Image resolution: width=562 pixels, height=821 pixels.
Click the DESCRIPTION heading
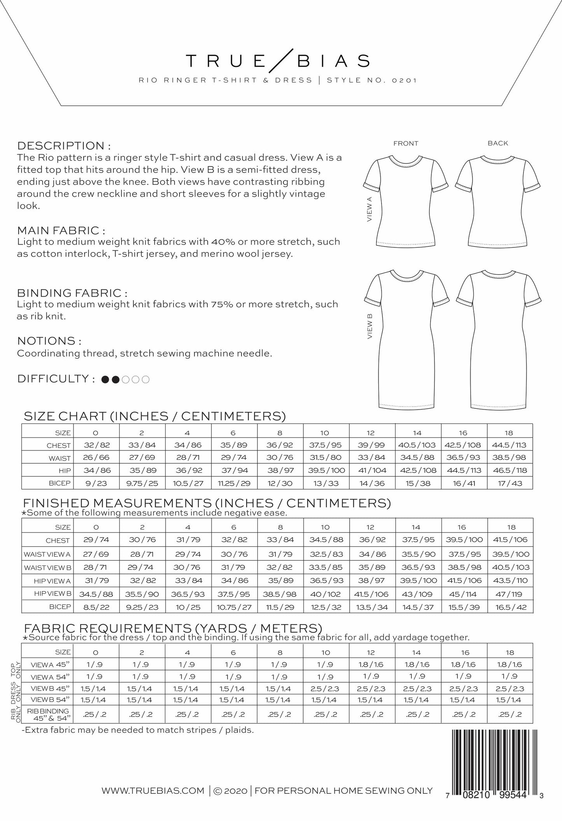click(x=64, y=146)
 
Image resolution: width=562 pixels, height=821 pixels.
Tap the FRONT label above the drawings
click(x=406, y=144)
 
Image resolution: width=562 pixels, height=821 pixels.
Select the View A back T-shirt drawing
click(x=498, y=198)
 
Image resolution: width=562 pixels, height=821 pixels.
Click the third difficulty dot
click(x=126, y=379)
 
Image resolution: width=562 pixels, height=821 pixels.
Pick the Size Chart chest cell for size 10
click(x=326, y=445)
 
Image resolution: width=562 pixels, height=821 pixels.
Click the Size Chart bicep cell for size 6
click(x=234, y=483)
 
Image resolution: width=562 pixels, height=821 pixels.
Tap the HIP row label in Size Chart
click(x=65, y=471)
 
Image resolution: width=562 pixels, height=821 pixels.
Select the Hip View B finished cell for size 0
click(x=96, y=594)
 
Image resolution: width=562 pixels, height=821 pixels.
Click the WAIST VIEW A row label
click(x=47, y=554)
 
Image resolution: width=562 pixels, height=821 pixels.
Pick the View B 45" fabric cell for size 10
click(x=326, y=688)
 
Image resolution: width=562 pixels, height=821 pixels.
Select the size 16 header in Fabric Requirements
click(x=465, y=652)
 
